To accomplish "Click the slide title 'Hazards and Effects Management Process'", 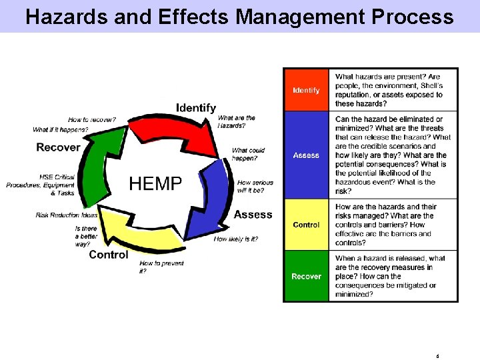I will click(x=239, y=16).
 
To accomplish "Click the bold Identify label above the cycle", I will click(x=195, y=107).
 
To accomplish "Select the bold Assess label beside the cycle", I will click(x=253, y=215).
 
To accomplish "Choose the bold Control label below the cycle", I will click(x=108, y=255).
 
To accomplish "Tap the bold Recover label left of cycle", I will click(x=58, y=147).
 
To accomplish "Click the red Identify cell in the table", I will click(x=306, y=90).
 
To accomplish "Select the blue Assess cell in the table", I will click(x=306, y=155).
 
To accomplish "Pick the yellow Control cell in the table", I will click(x=306, y=225).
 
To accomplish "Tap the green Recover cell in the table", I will click(x=306, y=276).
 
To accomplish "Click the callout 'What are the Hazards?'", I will click(x=237, y=121).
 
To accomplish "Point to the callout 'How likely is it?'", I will click(x=235, y=239).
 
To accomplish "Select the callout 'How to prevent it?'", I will click(x=161, y=267).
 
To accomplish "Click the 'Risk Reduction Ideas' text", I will click(x=67, y=215).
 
